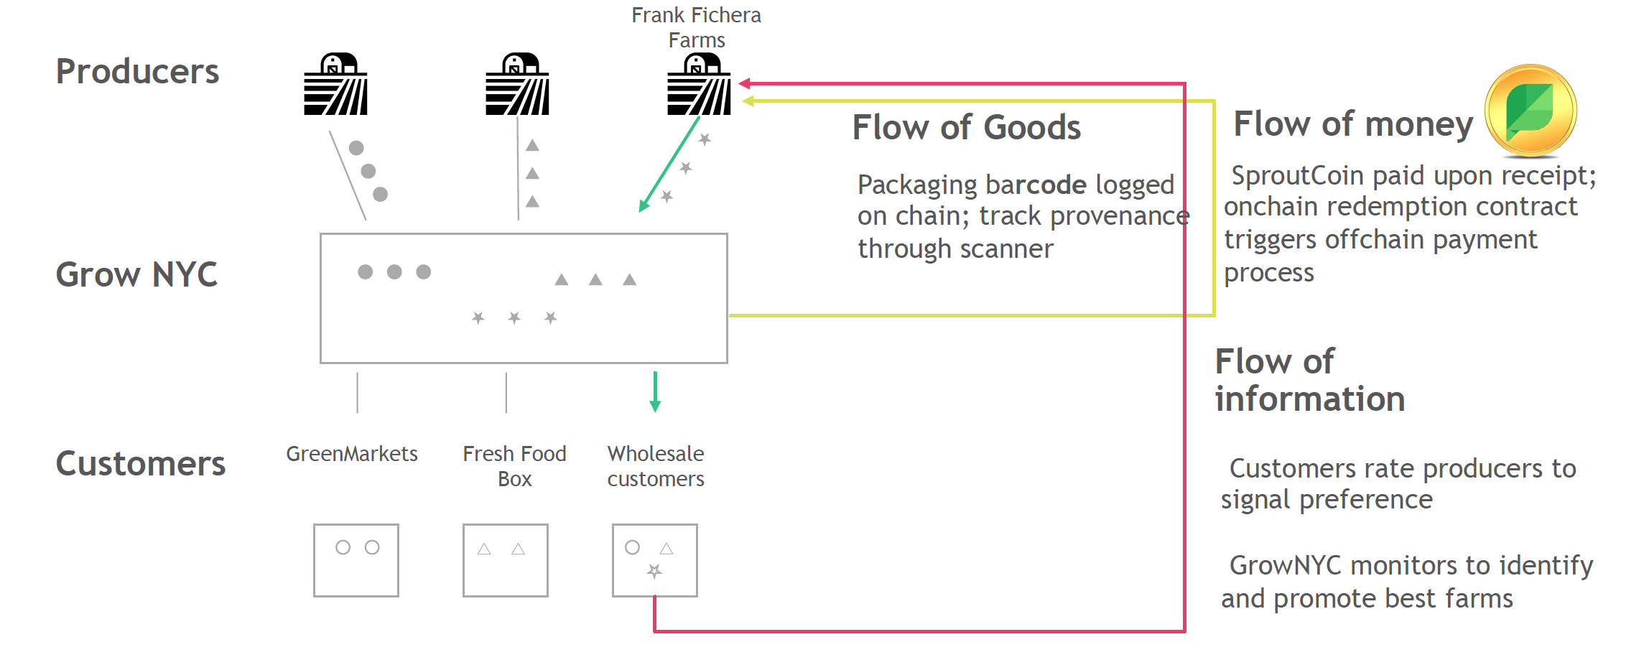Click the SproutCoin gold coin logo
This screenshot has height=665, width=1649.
click(x=1530, y=111)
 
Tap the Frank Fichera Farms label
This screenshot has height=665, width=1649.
click(x=696, y=27)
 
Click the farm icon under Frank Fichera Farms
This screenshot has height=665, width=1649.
click(x=699, y=83)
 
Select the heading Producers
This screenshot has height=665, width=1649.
click(x=137, y=71)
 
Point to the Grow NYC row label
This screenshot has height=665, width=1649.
click(x=136, y=274)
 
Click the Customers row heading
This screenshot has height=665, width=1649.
click(x=141, y=463)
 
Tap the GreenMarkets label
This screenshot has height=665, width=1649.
click(x=352, y=454)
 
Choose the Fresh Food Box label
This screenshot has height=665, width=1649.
click(x=514, y=466)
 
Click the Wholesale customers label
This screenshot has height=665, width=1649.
click(x=656, y=466)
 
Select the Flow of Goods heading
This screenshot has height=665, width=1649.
click(x=966, y=127)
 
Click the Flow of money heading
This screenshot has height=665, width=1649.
click(x=1353, y=124)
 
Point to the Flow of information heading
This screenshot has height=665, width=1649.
click(x=1309, y=380)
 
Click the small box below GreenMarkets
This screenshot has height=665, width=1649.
click(x=356, y=560)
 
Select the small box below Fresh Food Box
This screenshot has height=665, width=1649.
click(x=506, y=560)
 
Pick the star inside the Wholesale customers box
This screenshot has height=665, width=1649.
click(x=654, y=571)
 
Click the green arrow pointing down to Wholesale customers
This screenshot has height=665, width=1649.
click(x=655, y=391)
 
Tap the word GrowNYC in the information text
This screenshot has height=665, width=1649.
click(x=1285, y=565)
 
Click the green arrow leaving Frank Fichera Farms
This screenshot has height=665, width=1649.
click(x=669, y=164)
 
